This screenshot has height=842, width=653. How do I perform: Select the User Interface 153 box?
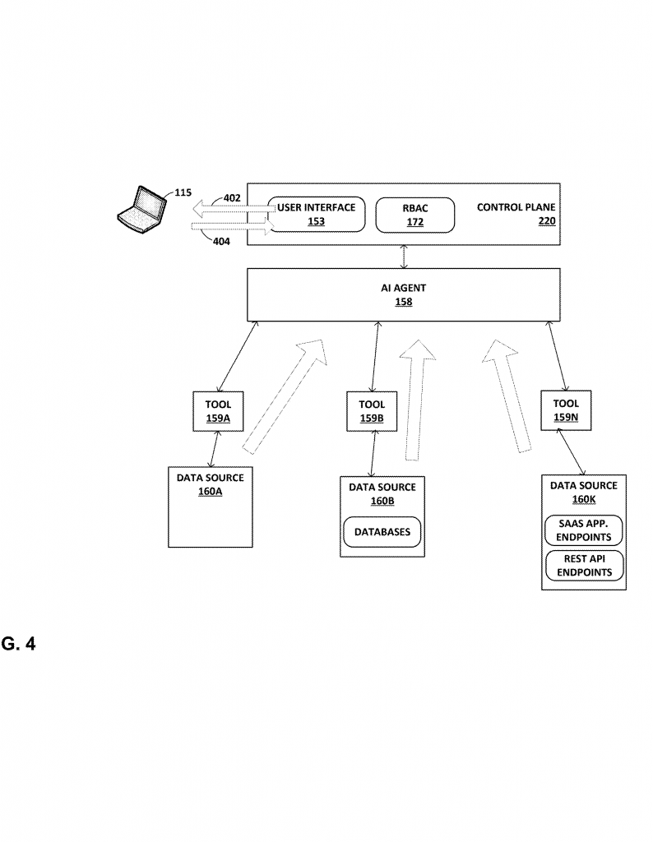[x=317, y=215]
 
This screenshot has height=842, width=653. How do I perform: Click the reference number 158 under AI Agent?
[x=404, y=302]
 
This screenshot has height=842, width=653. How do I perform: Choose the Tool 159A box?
[x=218, y=411]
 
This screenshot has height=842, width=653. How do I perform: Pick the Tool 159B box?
[x=372, y=411]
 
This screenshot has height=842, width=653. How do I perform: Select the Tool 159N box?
[x=566, y=410]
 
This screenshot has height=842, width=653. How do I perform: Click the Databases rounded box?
[x=382, y=532]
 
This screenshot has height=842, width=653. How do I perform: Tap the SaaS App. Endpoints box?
[x=584, y=530]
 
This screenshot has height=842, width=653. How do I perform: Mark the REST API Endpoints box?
[x=584, y=566]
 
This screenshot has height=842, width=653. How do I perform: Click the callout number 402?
[x=232, y=198]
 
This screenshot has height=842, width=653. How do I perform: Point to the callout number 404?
[x=222, y=242]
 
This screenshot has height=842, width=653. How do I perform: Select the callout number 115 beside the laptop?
[x=183, y=192]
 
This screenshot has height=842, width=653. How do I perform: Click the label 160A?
[x=211, y=492]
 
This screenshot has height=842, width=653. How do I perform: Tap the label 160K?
[x=584, y=499]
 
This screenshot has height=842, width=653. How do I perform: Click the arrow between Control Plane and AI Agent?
[x=404, y=257]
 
